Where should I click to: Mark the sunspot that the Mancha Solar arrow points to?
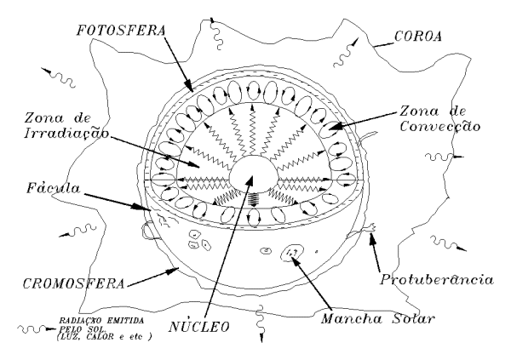(x=296, y=252)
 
